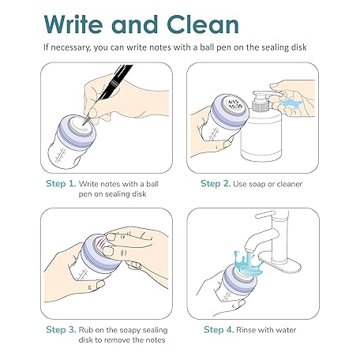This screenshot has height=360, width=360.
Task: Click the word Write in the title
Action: pos(73,24)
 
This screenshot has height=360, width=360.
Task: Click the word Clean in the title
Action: pos(203,24)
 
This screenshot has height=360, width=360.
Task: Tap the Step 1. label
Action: pos(61,184)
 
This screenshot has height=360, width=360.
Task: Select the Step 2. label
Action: pos(216,184)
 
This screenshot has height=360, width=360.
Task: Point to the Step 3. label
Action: pos(61,330)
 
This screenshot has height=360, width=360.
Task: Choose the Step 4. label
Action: pos(219,330)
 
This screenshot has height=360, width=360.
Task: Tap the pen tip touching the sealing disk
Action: pos(84,124)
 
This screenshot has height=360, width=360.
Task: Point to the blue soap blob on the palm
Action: pos(291,103)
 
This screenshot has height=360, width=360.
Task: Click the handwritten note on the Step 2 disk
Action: pos(235,104)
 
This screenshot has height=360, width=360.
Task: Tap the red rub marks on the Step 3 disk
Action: pos(101,242)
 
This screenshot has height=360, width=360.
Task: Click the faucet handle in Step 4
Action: pos(265,215)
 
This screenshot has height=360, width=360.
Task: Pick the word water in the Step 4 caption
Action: pos(286,330)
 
